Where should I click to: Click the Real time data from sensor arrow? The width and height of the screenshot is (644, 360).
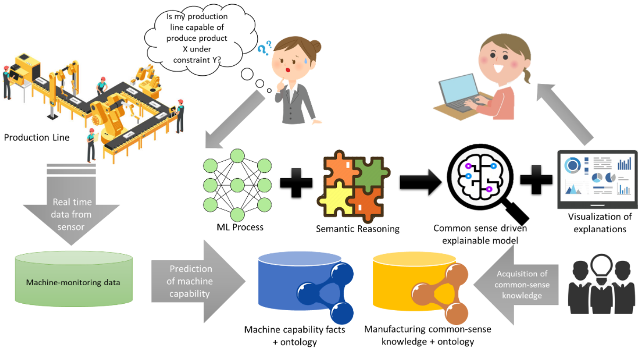pyautogui.click(x=72, y=212)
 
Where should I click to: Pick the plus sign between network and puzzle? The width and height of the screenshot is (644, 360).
pyautogui.click(x=295, y=183)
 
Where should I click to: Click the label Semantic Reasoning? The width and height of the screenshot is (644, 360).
pyautogui.click(x=358, y=229)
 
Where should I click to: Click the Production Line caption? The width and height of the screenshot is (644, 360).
pyautogui.click(x=37, y=137)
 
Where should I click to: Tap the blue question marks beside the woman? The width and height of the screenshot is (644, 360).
pyautogui.click(x=264, y=48)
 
